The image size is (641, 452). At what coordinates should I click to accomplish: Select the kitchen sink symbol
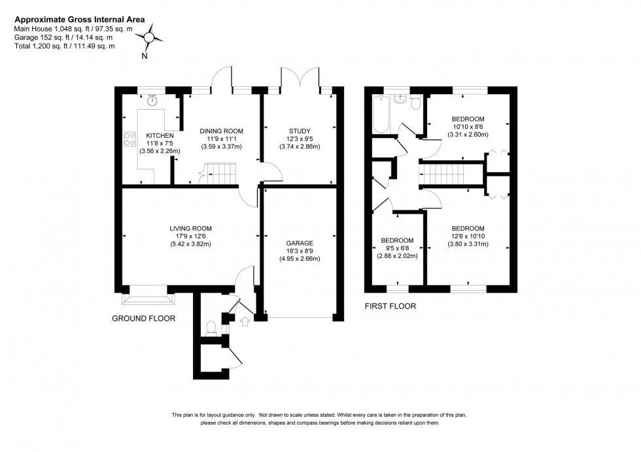153,100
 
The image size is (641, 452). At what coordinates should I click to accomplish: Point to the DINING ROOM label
221,131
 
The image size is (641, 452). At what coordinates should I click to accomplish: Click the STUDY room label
300,131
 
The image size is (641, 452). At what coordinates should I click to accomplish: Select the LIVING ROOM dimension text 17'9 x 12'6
190,236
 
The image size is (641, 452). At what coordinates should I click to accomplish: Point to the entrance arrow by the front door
245,321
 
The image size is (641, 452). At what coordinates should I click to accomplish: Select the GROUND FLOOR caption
144,319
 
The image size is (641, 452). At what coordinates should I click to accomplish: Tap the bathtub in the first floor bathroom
380,115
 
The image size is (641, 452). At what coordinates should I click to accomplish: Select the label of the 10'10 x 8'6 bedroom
468,119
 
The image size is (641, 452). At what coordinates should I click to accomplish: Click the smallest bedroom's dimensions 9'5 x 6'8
398,248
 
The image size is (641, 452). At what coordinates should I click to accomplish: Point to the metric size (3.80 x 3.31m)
468,244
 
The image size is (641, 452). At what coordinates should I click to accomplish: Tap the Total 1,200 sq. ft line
65,46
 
